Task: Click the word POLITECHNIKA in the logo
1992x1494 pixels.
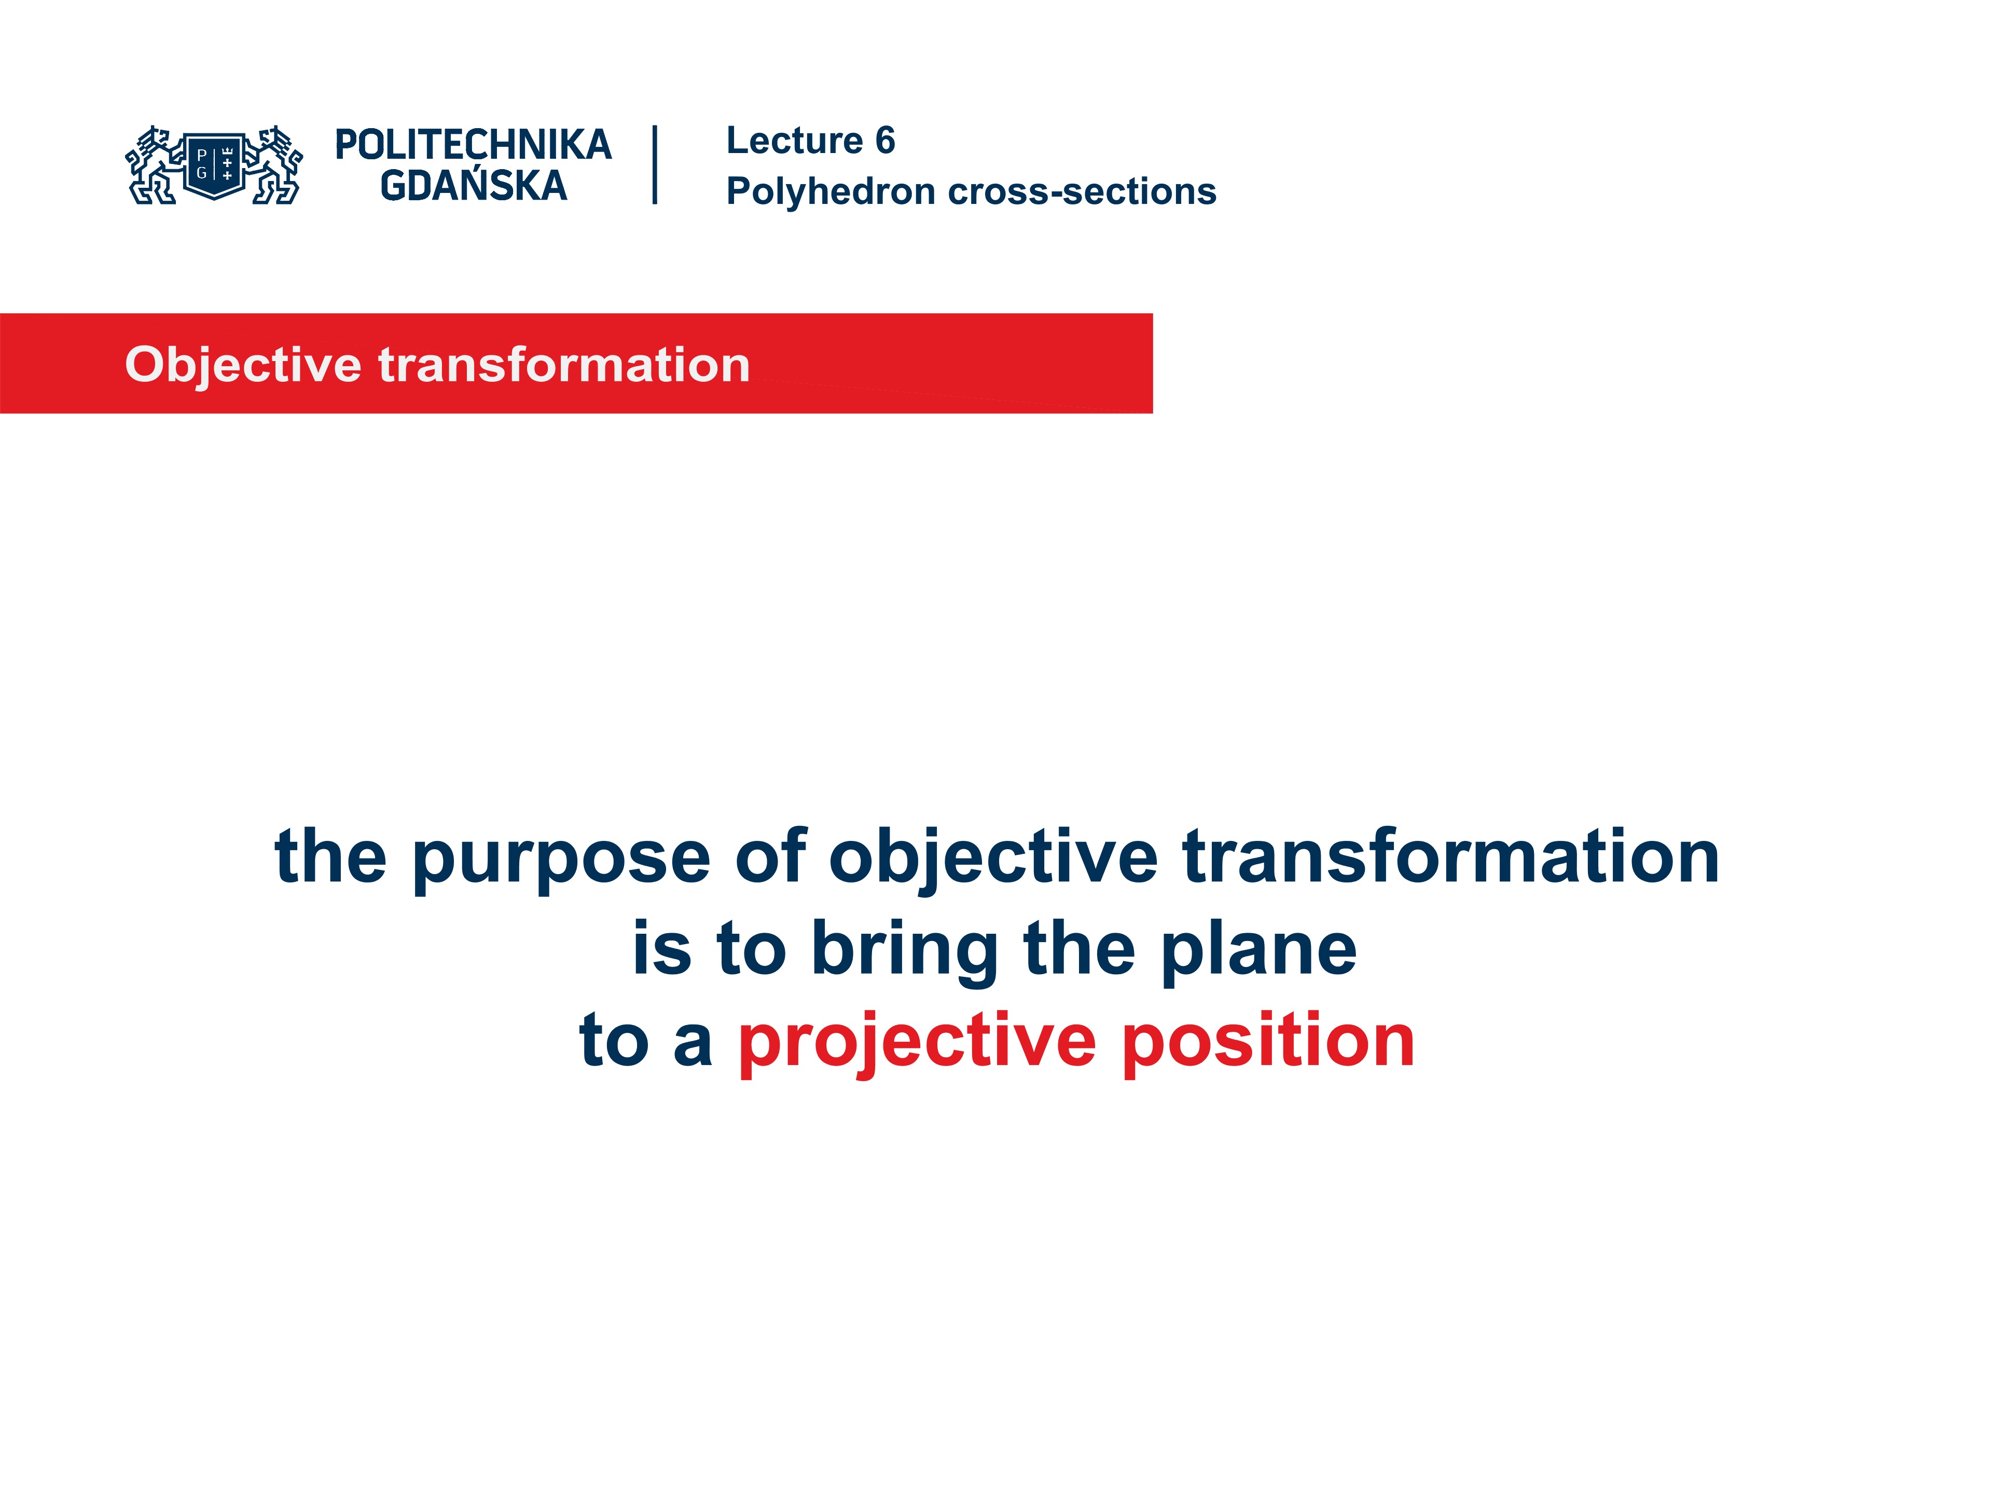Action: pyautogui.click(x=473, y=145)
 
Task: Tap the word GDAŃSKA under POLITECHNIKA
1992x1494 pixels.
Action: pyautogui.click(x=473, y=186)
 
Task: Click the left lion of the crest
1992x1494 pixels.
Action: pyautogui.click(x=151, y=165)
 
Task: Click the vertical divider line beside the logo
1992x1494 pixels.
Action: pyautogui.click(x=655, y=165)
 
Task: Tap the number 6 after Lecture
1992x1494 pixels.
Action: pyautogui.click(x=885, y=141)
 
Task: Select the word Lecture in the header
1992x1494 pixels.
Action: pyautogui.click(x=794, y=141)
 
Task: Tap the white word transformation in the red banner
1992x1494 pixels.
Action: pyautogui.click(x=564, y=365)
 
